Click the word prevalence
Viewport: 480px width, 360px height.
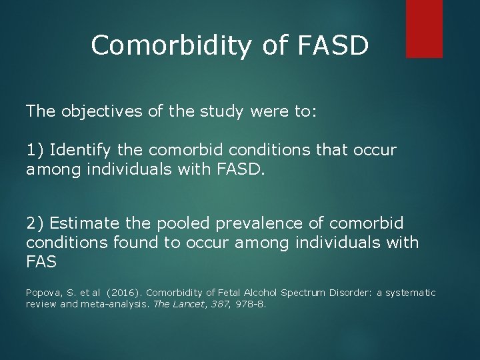click(259, 223)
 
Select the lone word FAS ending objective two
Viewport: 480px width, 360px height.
click(41, 263)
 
